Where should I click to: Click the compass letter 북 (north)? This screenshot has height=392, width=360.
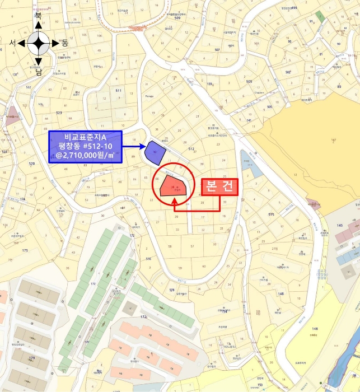click(38, 17)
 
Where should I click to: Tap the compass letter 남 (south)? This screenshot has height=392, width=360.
click(38, 71)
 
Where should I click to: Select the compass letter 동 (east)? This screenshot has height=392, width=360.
click(64, 43)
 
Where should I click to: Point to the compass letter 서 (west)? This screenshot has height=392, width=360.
click(12, 43)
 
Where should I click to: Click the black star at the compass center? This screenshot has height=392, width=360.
click(38, 43)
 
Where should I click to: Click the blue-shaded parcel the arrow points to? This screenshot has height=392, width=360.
click(153, 151)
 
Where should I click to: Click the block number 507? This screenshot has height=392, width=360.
click(217, 50)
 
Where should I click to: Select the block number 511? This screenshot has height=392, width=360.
click(118, 90)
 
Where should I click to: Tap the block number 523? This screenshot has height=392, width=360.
click(59, 113)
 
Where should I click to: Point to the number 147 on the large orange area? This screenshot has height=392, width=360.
click(333, 139)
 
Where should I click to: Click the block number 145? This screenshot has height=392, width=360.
click(339, 225)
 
